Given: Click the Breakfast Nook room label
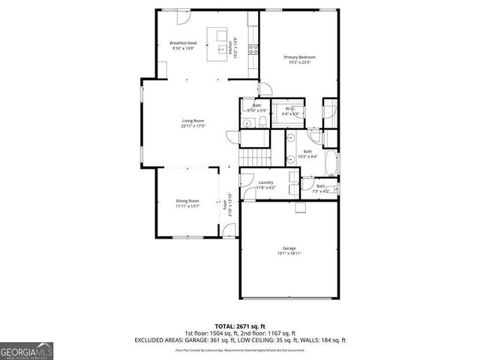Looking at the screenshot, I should point(182,43).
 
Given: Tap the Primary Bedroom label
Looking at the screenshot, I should point(299,57).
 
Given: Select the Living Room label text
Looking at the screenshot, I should point(193,120).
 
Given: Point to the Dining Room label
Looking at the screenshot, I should point(188,200).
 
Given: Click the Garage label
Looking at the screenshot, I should point(289,247).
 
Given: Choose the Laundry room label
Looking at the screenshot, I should point(265,182).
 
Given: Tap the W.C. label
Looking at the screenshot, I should point(289,109).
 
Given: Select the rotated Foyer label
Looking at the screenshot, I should point(225,202).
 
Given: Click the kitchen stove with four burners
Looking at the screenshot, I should point(253,49).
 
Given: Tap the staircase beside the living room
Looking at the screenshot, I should point(255,157).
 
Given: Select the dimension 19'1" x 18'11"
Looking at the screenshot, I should point(289,253).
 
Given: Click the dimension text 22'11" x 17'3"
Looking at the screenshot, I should point(193,126).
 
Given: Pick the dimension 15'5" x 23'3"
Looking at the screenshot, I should point(299,62).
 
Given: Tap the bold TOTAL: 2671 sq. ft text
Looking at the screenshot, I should point(240,326).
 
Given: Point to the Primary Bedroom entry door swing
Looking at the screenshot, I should point(265,89).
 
